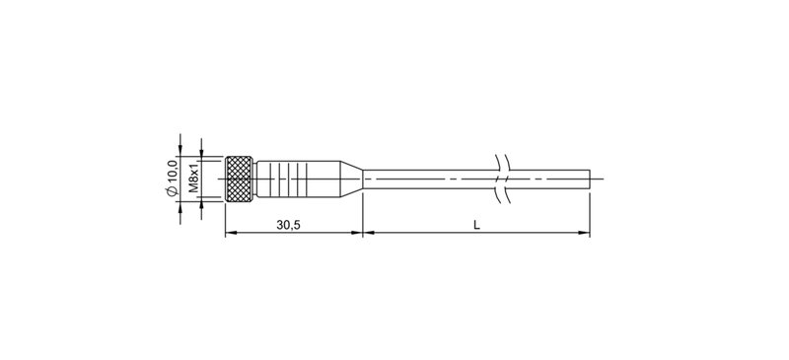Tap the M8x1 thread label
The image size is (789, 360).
pos(194,177)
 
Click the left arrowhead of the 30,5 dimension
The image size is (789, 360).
pos(231,234)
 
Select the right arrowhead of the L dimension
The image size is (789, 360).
pos(585,234)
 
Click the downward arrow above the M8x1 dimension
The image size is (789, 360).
pos(200,148)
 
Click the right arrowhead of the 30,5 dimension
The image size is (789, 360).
pos(358,234)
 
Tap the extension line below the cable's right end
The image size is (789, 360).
pos(590,212)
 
